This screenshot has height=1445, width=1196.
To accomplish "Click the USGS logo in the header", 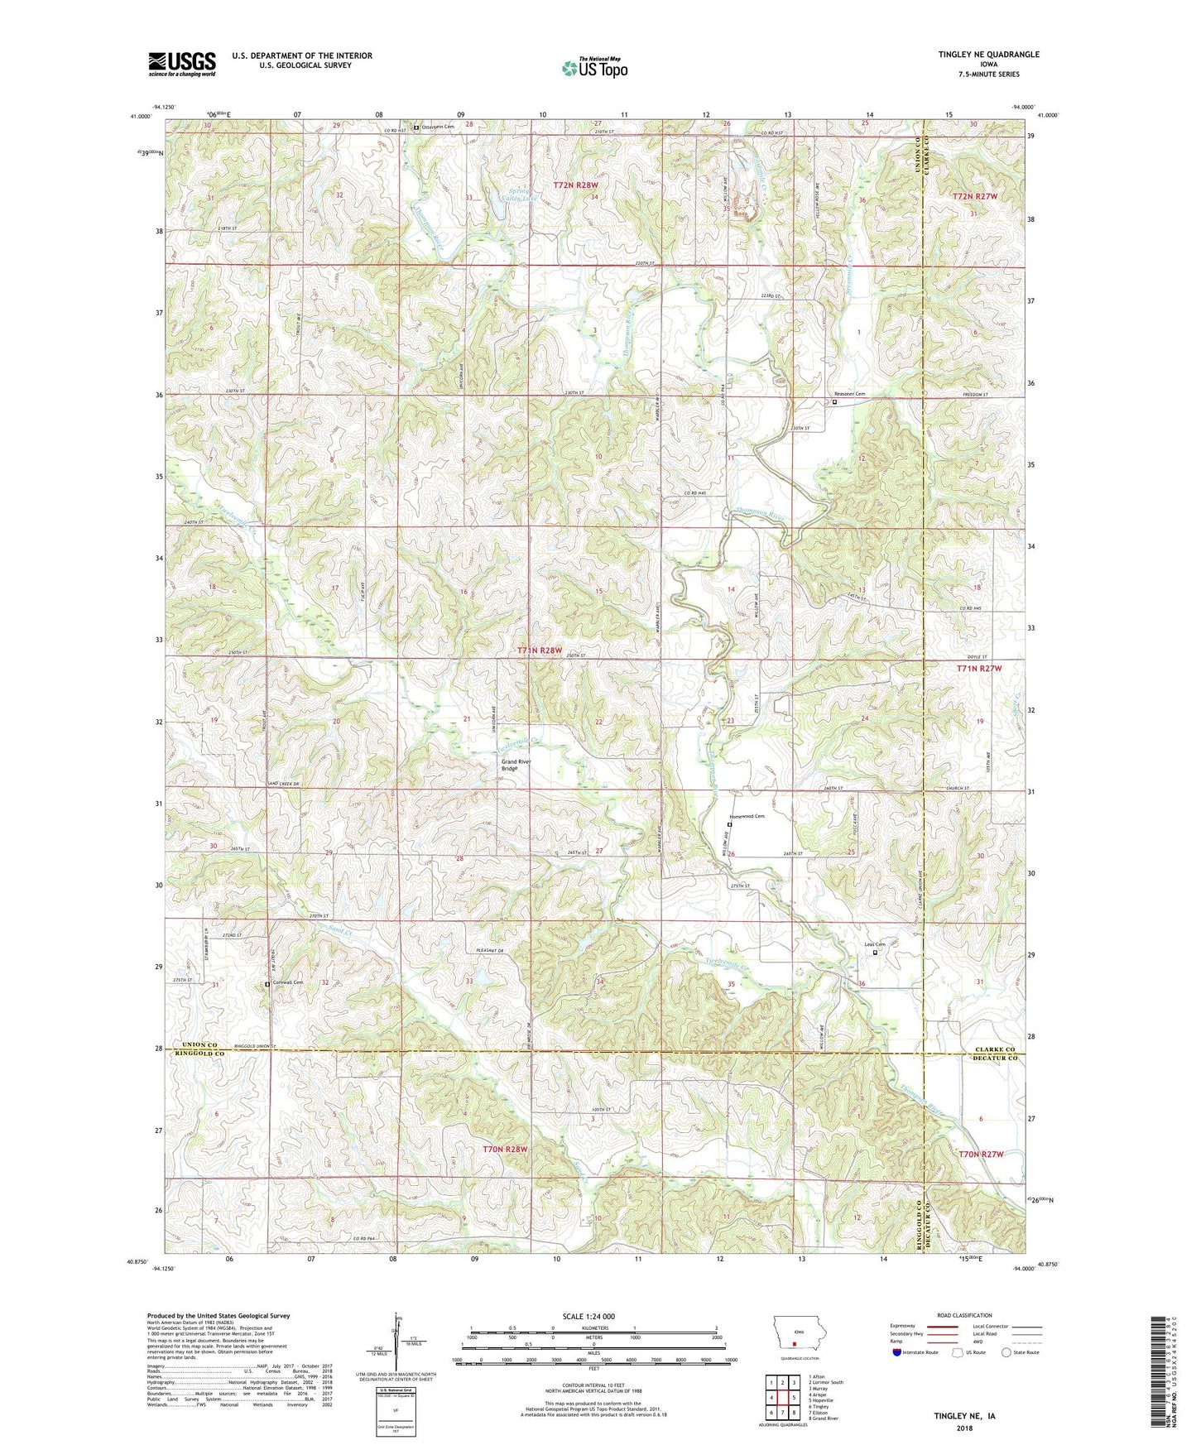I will [x=182, y=63].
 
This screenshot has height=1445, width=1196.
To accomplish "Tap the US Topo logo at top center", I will [x=593, y=68].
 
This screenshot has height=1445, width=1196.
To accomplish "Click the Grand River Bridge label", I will [x=514, y=765].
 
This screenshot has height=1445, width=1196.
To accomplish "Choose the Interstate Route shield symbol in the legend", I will [x=897, y=1352].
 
